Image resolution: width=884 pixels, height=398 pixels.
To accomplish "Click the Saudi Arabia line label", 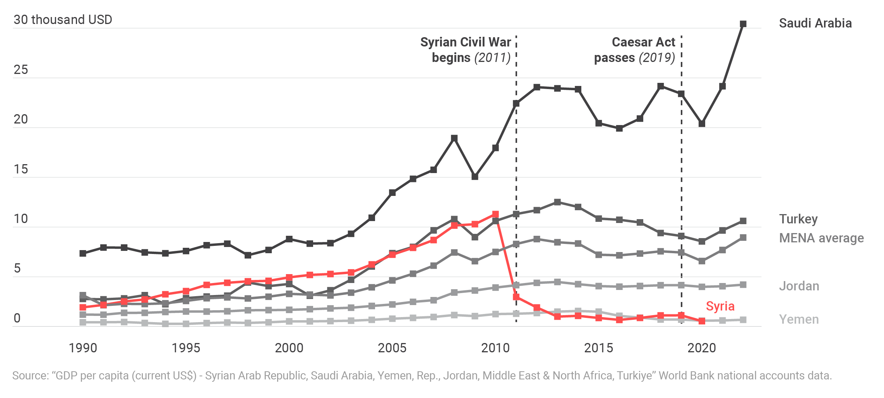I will click(x=815, y=23).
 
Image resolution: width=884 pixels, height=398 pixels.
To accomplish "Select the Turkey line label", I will click(x=798, y=219).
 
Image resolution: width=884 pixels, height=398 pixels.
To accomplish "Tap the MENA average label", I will click(x=821, y=238).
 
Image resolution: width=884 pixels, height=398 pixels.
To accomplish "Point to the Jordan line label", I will click(x=799, y=286).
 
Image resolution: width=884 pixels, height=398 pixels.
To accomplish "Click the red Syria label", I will click(x=720, y=306).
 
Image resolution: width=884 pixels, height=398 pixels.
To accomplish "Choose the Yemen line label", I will click(x=799, y=319).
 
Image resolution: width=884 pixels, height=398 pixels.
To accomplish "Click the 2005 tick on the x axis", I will click(x=392, y=348).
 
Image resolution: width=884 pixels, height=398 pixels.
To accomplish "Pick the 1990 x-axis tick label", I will click(x=83, y=348).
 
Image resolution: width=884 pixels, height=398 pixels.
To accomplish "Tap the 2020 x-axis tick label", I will click(x=702, y=348).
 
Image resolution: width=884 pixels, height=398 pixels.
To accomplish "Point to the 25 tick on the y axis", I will click(x=21, y=70).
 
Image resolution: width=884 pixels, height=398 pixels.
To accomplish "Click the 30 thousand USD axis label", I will click(x=63, y=20).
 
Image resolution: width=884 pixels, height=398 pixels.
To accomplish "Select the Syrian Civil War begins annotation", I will click(x=466, y=50).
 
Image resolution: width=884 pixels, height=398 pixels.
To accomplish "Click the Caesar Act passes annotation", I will click(x=635, y=50).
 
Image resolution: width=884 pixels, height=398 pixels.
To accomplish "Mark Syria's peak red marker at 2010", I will click(x=495, y=214).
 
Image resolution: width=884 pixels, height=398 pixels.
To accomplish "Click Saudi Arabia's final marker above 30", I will click(x=743, y=24).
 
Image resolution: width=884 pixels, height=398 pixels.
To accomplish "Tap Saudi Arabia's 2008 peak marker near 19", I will click(x=454, y=138).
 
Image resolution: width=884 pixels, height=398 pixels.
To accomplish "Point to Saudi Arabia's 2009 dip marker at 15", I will click(x=475, y=177).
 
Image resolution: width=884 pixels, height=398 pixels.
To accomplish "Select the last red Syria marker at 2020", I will click(x=702, y=321).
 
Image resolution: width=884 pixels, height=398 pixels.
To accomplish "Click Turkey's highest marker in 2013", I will click(x=557, y=202).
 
